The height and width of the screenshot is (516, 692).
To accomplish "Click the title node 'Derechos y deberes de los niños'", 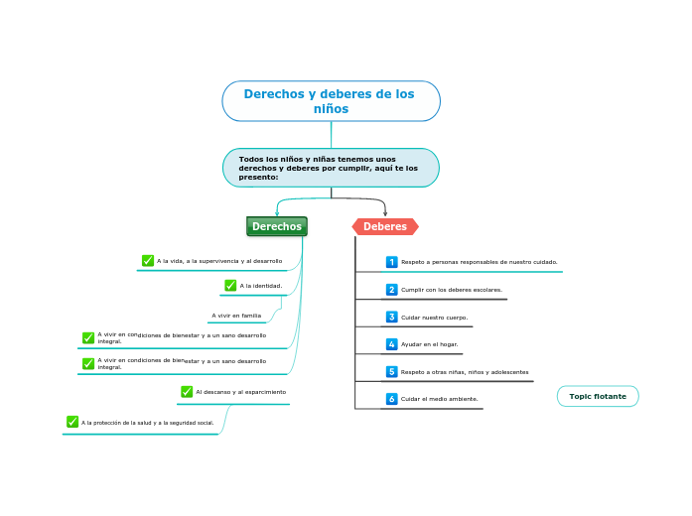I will click(x=331, y=101).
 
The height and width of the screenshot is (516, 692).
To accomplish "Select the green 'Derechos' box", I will click(x=277, y=226).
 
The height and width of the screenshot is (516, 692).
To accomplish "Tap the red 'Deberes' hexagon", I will click(x=385, y=226).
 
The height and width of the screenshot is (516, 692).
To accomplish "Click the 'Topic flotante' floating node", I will click(x=598, y=396).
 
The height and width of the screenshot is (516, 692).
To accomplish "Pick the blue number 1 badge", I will click(x=391, y=262).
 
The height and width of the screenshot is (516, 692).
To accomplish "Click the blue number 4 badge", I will click(x=391, y=344).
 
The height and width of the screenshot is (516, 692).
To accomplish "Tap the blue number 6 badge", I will click(x=391, y=399).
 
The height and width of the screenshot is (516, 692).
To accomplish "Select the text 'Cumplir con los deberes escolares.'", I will click(x=451, y=290).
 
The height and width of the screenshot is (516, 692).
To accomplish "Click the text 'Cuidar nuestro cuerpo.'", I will click(x=434, y=318).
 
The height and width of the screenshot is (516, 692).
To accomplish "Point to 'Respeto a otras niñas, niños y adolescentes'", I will click(x=464, y=372).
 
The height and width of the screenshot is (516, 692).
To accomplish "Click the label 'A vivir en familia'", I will click(x=236, y=316).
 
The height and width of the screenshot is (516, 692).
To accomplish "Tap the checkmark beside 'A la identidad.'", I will click(x=230, y=286).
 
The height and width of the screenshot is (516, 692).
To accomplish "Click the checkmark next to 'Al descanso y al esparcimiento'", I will click(x=187, y=392).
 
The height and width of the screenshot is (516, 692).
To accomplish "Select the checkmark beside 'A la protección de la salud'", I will click(x=72, y=422).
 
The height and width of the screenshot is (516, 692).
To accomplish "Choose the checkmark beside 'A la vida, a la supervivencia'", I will click(x=148, y=261).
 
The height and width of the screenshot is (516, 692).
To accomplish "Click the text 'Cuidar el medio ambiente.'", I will click(x=439, y=399).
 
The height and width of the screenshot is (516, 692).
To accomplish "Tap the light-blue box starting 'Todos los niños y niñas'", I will click(x=331, y=168).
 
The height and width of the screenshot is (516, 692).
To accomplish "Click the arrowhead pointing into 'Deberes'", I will click(x=385, y=213).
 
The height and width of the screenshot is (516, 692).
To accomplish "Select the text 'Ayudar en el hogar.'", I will click(x=429, y=344).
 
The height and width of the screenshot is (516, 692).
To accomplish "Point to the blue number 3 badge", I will click(x=391, y=318).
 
